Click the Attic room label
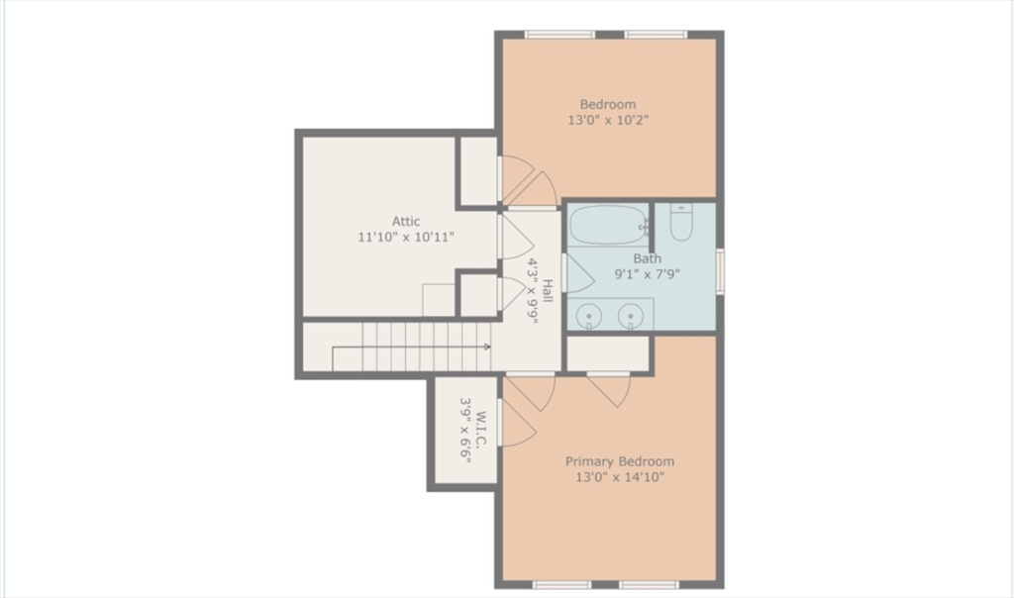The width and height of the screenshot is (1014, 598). pyautogui.click(x=406, y=222)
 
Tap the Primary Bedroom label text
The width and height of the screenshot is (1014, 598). pyautogui.click(x=619, y=461)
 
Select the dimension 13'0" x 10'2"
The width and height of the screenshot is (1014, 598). pyautogui.click(x=608, y=121)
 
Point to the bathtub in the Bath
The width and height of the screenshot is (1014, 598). pyautogui.click(x=607, y=225)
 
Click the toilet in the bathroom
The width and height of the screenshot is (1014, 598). pyautogui.click(x=682, y=222)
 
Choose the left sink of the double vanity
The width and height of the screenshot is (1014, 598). pyautogui.click(x=589, y=316)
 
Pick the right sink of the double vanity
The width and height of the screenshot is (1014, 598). pyautogui.click(x=631, y=316)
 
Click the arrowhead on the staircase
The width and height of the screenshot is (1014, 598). pyautogui.click(x=487, y=347)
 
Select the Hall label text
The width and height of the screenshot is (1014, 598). pyautogui.click(x=547, y=291)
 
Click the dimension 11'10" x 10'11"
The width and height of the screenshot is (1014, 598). pyautogui.click(x=406, y=238)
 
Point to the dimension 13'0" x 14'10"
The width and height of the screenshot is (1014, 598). pyautogui.click(x=619, y=477)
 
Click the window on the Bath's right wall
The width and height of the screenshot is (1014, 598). pyautogui.click(x=720, y=270)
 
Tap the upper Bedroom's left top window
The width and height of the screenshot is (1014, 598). pyautogui.click(x=559, y=35)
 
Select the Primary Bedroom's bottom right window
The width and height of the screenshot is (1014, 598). pyautogui.click(x=649, y=584)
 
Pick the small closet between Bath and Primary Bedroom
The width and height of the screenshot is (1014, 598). pyautogui.click(x=607, y=352)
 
